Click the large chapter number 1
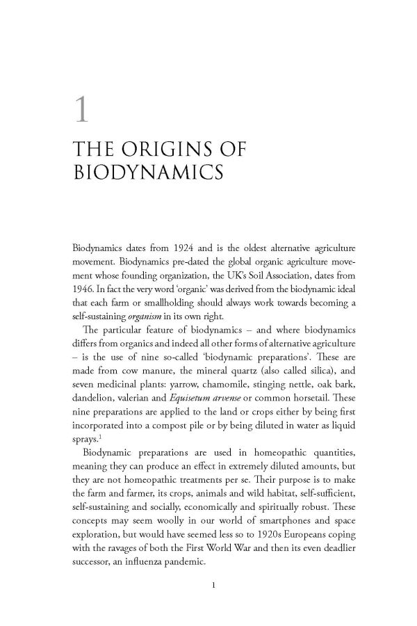[x=82, y=113]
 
